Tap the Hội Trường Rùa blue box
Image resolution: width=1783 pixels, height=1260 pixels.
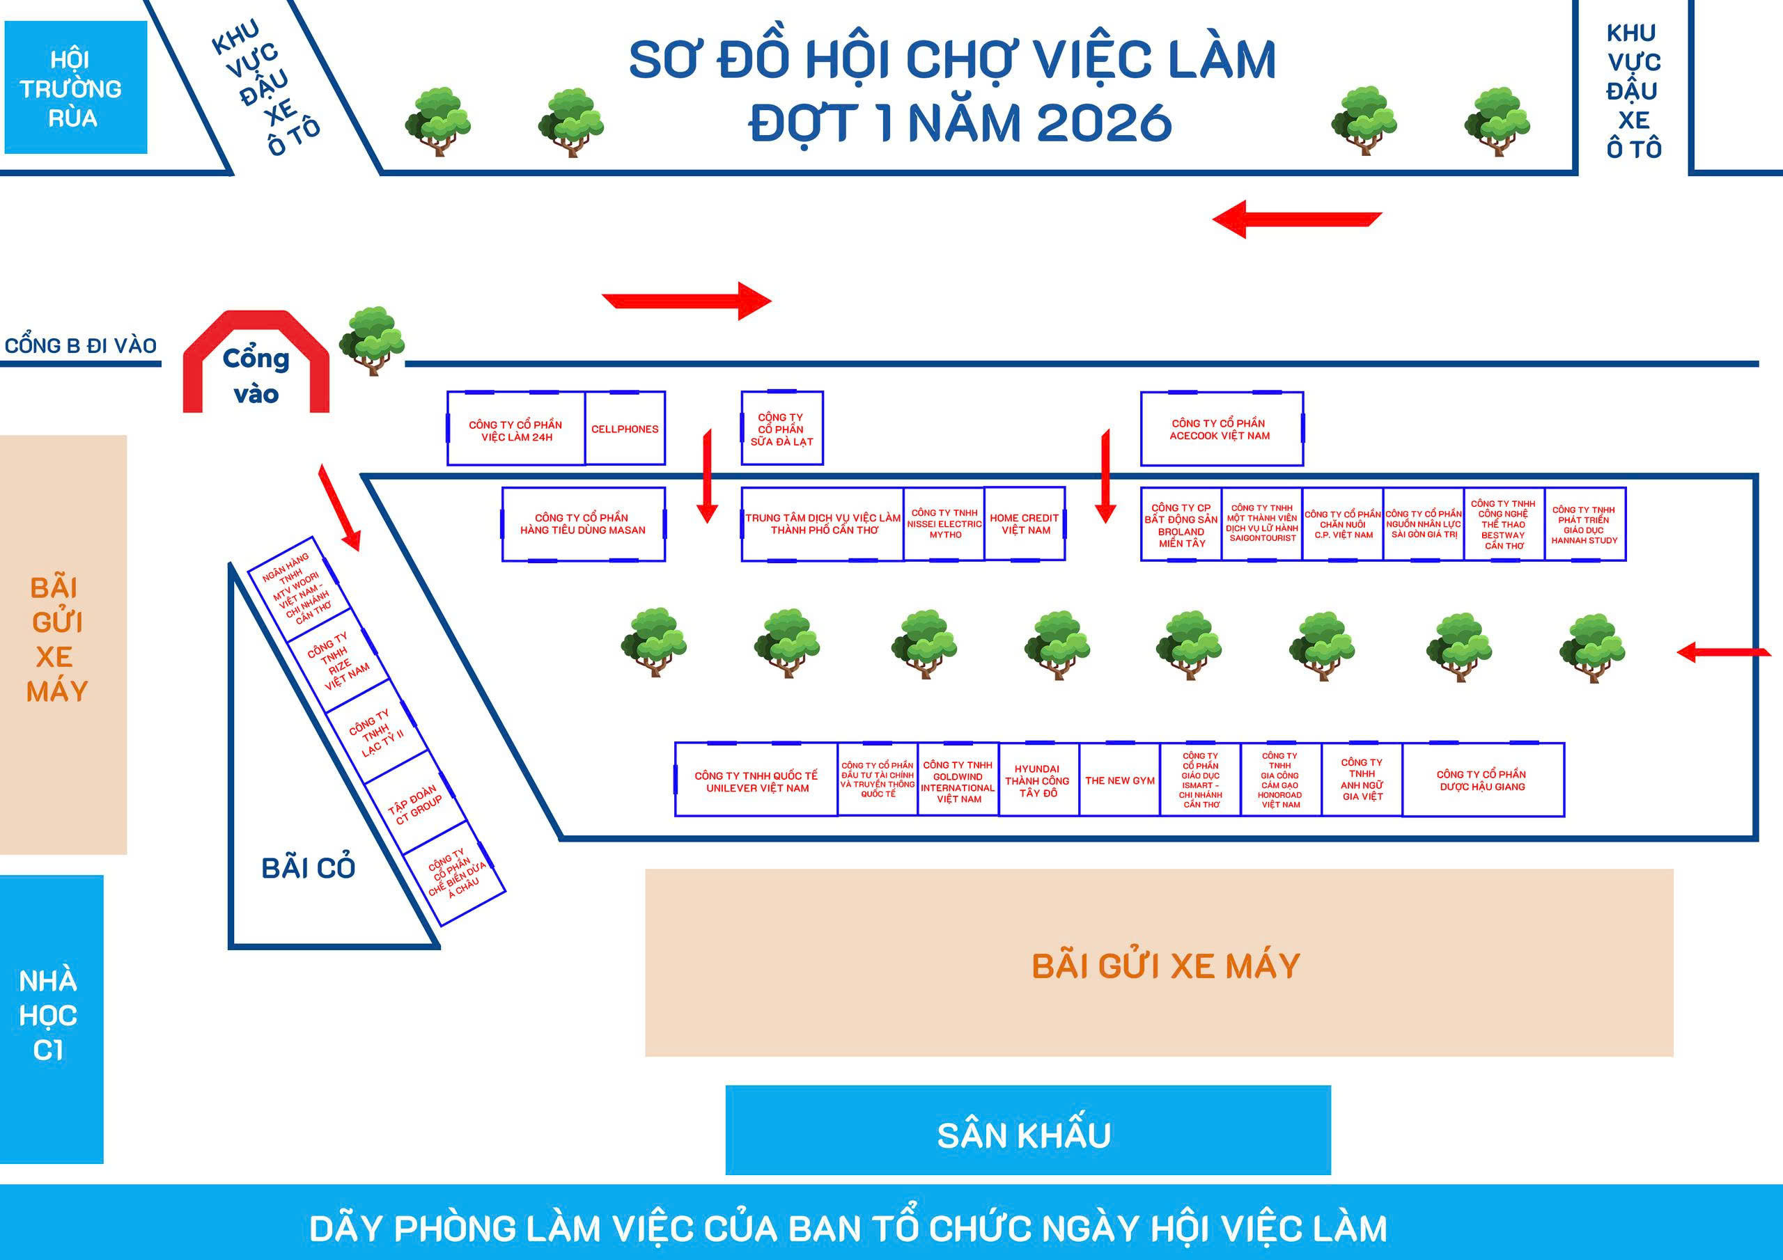(75, 87)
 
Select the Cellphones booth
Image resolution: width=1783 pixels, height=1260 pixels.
(625, 429)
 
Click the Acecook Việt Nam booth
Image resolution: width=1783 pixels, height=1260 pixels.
(1222, 429)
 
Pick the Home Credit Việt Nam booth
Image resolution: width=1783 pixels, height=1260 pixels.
(1025, 524)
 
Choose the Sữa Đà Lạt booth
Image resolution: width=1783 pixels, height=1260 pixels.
(782, 429)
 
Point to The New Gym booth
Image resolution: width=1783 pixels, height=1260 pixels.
(1120, 780)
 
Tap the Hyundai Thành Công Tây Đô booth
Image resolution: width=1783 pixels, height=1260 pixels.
(1038, 780)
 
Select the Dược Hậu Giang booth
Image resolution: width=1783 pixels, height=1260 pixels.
(1484, 780)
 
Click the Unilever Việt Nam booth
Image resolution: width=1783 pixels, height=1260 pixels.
(756, 780)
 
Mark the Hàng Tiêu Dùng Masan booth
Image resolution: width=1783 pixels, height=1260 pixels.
(583, 524)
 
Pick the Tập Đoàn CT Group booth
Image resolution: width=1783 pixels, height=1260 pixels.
(417, 803)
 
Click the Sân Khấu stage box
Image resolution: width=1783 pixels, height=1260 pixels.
(1028, 1130)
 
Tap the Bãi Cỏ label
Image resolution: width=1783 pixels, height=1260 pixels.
(309, 868)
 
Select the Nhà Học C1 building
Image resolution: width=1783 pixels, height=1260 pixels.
(52, 1018)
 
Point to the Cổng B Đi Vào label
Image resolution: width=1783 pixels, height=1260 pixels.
(81, 345)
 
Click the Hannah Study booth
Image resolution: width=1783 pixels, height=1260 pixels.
(1585, 524)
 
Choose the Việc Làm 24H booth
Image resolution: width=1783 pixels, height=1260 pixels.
(515, 429)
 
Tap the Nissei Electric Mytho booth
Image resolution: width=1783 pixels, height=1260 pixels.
(944, 524)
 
